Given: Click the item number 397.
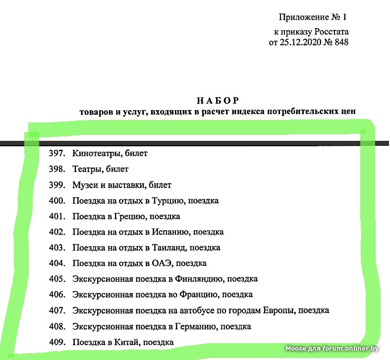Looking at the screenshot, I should tap(57, 153).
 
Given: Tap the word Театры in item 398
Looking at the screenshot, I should tap(86, 169).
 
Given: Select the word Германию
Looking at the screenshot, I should tap(195, 326).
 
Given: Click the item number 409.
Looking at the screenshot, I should tap(57, 342).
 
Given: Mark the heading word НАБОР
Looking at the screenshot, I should tap(218, 100).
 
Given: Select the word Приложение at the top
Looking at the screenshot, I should tap(303, 17).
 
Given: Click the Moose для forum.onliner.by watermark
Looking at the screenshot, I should tap(332, 349).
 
